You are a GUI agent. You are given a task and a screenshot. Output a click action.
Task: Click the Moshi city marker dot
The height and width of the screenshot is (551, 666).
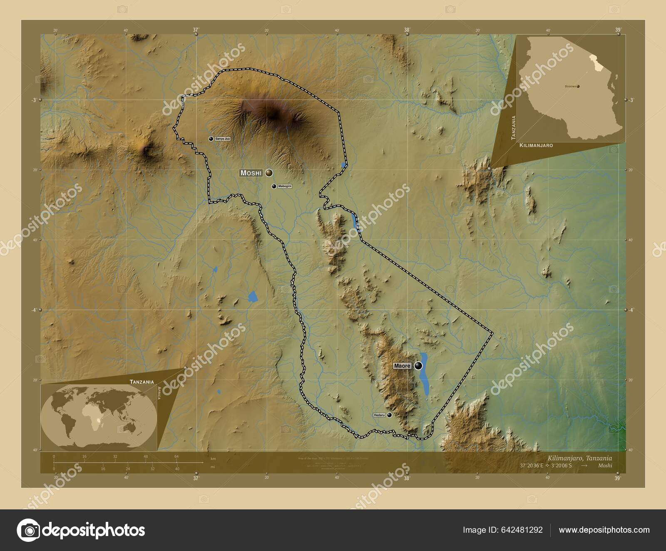point(269,172)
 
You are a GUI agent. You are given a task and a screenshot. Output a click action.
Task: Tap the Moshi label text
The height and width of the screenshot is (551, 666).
point(251,173)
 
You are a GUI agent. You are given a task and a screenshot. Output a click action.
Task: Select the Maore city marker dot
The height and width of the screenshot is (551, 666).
point(418,366)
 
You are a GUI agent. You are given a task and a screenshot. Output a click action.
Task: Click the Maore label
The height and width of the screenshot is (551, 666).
point(403,366)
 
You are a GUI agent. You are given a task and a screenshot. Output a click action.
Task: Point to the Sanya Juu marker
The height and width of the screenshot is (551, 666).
point(211,139)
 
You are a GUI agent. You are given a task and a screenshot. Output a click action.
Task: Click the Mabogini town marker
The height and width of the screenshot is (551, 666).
point(274,186)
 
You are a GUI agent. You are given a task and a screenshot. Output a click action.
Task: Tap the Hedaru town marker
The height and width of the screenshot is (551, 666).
point(389,415)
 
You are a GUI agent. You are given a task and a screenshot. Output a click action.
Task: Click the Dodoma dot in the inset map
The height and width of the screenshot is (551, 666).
point(578,86)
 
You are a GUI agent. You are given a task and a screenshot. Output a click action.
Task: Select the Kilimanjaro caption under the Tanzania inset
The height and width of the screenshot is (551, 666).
point(536,146)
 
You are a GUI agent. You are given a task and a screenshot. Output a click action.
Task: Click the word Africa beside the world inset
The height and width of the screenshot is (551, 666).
point(159,392)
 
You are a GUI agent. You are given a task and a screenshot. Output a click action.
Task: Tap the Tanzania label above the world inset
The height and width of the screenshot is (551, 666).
point(142,382)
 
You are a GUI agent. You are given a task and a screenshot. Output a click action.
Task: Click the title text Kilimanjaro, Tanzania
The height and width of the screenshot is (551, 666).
point(580,458)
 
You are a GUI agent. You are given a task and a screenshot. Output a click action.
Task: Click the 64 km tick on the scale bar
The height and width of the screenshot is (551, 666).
point(176,457)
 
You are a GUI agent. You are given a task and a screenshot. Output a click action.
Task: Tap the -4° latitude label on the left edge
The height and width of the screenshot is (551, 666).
point(35,310)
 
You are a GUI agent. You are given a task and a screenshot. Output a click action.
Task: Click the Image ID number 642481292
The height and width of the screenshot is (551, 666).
point(522,530)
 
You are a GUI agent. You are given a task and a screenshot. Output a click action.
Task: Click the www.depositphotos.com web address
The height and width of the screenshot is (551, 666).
point(604,530)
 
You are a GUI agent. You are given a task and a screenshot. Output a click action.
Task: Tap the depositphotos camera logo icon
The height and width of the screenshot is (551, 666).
point(28,530)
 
